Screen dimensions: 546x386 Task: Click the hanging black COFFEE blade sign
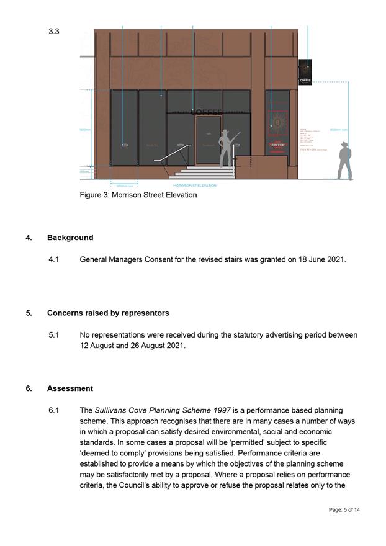(305, 72)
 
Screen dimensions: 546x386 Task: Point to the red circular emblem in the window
(278, 123)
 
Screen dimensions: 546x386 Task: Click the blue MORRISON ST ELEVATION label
(194, 186)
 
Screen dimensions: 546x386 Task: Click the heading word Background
(70, 238)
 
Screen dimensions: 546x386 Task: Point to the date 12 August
(99, 346)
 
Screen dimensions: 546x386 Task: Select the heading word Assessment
(70, 388)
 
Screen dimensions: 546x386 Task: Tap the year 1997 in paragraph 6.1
(217, 410)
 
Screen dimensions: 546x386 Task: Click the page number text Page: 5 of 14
(344, 509)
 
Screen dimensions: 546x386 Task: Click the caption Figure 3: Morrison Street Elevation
(138, 195)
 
